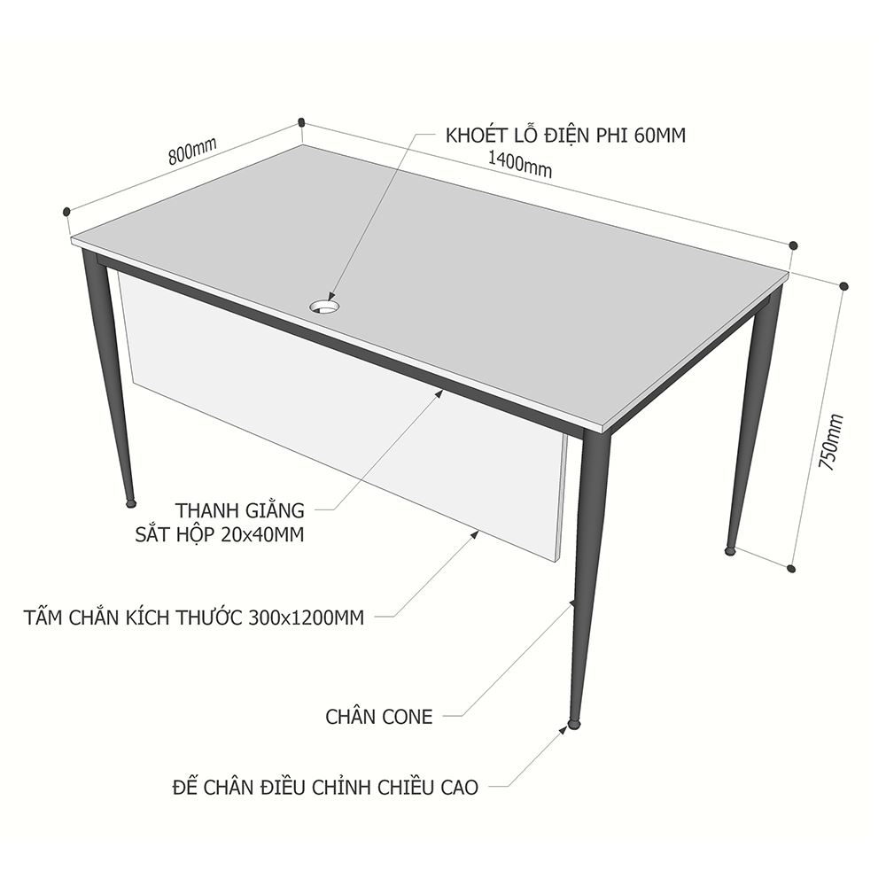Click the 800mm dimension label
click(192, 151)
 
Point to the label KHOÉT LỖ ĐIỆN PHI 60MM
click(565, 136)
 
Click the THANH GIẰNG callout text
click(239, 510)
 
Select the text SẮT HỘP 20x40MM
click(219, 534)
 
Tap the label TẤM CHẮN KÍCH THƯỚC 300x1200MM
click(194, 618)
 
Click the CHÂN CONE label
click(378, 717)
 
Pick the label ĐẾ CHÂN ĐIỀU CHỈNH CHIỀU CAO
click(325, 787)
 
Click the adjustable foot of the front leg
click(574, 723)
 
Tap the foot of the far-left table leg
click(130, 502)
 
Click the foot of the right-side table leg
click(731, 549)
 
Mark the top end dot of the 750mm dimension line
click(844, 286)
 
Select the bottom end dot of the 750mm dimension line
click(791, 568)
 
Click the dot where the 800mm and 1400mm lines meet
click(301, 121)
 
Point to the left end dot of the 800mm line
click(66, 212)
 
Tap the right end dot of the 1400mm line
click(793, 245)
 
